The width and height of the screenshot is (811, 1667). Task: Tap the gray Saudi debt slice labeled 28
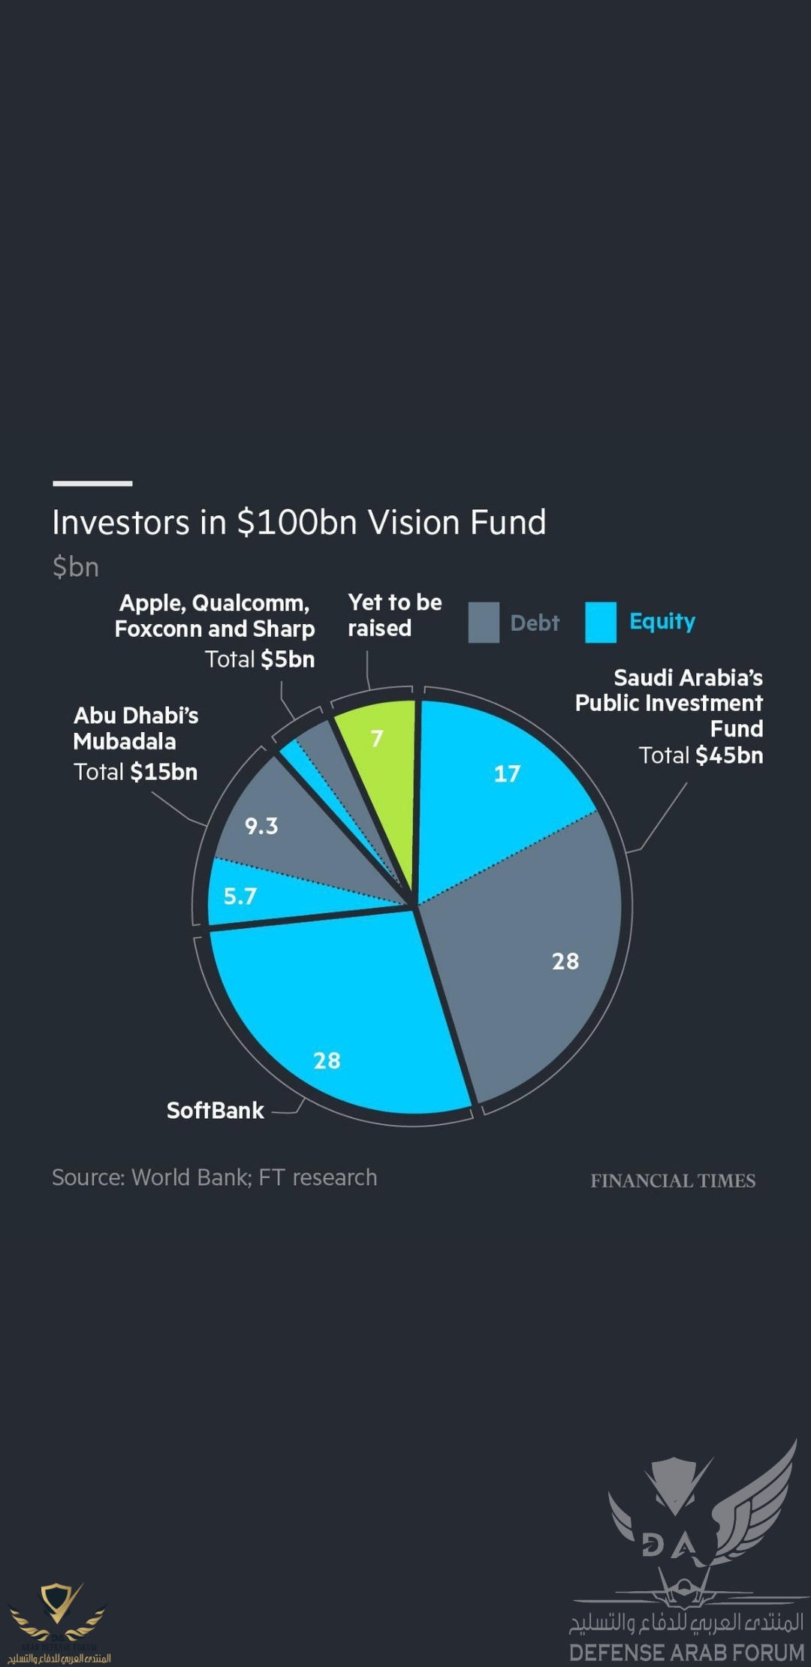(x=541, y=969)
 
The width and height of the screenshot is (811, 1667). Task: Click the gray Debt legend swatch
(x=484, y=622)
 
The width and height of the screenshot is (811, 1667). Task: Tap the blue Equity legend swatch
(x=601, y=622)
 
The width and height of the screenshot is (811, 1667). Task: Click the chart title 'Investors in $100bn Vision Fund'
(x=299, y=523)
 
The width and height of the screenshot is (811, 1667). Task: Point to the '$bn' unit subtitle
(x=75, y=567)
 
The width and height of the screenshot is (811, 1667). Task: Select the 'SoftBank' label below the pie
(x=215, y=1111)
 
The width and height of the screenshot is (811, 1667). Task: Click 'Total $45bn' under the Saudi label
(x=701, y=755)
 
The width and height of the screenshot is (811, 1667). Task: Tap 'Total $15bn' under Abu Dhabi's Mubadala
(x=135, y=772)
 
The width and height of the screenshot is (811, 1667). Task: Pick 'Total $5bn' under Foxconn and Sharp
(x=260, y=659)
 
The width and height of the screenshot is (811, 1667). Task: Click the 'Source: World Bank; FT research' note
(x=214, y=1177)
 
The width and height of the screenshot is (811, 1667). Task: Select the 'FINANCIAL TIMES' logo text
(x=673, y=1181)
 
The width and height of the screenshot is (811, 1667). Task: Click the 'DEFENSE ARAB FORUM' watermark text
(x=686, y=1653)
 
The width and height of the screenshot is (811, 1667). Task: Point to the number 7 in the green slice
(x=377, y=739)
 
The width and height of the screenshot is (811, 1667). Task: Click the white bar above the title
(x=92, y=484)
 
